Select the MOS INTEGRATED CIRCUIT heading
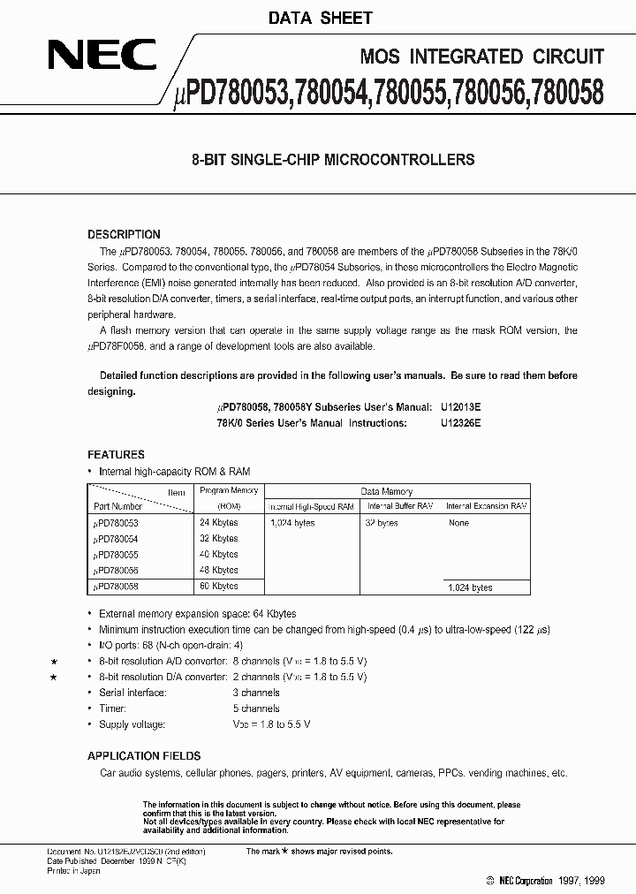pyautogui.click(x=482, y=57)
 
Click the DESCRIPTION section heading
pyautogui.click(x=124, y=235)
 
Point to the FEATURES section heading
pyautogui.click(x=116, y=455)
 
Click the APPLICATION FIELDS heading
pyautogui.click(x=144, y=756)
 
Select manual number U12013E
pyautogui.click(x=460, y=408)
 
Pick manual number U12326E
pyautogui.click(x=460, y=423)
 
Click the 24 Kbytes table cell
pyautogui.click(x=218, y=523)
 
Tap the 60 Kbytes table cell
pyautogui.click(x=218, y=587)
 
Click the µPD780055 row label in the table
pyautogui.click(x=116, y=555)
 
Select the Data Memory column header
pyautogui.click(x=386, y=491)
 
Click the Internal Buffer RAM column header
pyautogui.click(x=399, y=506)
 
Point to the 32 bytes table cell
pyautogui.click(x=382, y=523)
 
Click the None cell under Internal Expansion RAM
pyautogui.click(x=458, y=523)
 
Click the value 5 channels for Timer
pyautogui.click(x=255, y=708)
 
